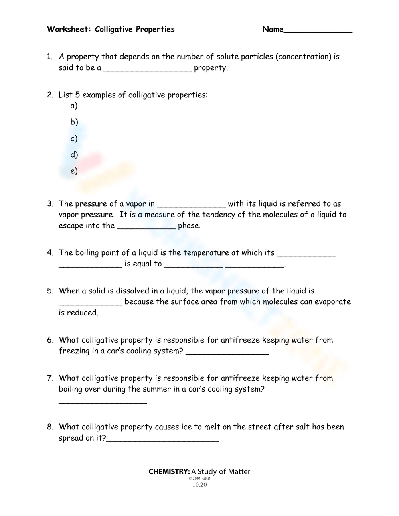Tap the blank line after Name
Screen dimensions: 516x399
coord(318,30)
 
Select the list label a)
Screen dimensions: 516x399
coord(74,106)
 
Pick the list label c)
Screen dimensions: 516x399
coord(74,138)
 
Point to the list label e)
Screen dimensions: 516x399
coord(74,171)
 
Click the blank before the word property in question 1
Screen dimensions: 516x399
coord(148,69)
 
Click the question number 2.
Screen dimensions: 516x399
coord(50,95)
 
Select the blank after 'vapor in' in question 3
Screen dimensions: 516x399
coord(192,205)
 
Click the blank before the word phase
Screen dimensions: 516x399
coord(145,226)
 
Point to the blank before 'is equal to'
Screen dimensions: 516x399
coord(91,265)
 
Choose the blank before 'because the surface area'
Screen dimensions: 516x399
coord(91,303)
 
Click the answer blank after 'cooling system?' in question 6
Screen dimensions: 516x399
coord(227,352)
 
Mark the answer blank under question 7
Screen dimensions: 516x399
coord(103,402)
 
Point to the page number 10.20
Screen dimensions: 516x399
coord(199,485)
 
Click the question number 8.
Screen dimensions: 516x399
coord(50,427)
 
